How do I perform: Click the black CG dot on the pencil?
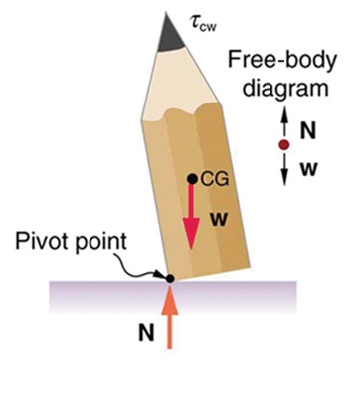tap(193, 180)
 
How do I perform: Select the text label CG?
tap(215, 180)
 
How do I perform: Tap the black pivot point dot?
tap(170, 278)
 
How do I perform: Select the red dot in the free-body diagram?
tap(283, 144)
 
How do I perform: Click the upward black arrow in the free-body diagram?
tap(283, 123)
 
